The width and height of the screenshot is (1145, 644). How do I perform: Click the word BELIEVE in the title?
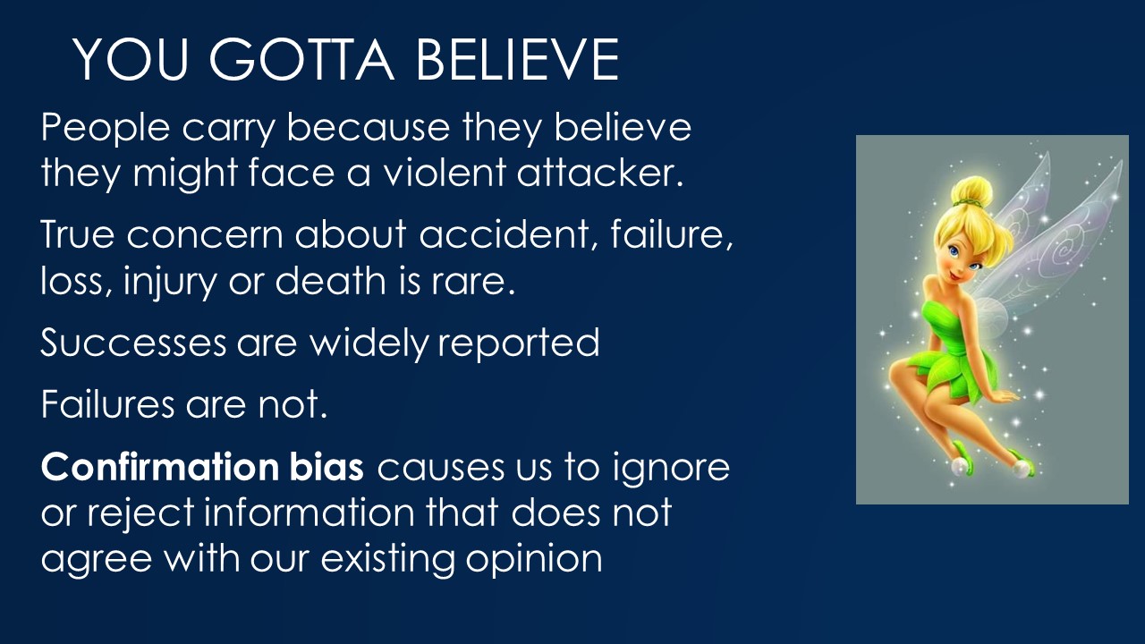(x=518, y=59)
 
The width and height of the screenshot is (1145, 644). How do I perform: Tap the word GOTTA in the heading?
(x=301, y=59)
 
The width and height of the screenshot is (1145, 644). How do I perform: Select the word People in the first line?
(x=106, y=128)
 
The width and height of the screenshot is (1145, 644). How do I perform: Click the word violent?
(x=445, y=173)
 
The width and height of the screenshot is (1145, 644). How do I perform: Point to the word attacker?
(x=600, y=173)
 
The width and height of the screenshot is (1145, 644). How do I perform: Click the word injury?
(x=170, y=282)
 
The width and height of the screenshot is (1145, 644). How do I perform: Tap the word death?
(x=331, y=280)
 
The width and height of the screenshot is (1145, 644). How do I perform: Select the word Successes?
(x=133, y=342)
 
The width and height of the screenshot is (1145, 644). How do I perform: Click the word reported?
(x=518, y=343)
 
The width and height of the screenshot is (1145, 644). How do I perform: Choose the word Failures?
(x=108, y=403)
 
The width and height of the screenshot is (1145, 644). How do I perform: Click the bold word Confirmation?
(x=160, y=467)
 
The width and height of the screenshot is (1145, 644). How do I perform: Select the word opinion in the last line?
(x=534, y=560)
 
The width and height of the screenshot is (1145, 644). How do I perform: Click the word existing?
(x=387, y=559)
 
